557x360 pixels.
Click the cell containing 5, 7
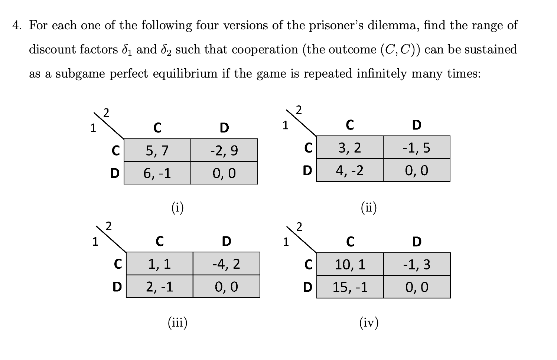[x=157, y=150]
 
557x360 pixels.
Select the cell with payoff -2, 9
[x=224, y=150]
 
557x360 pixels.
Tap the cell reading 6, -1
[x=157, y=173]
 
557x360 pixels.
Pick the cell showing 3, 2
[x=349, y=148]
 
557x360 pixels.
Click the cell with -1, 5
[x=416, y=148]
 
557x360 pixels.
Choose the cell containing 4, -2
[x=349, y=170]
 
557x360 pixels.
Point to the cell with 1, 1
[x=159, y=264]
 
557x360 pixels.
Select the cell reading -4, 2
[x=226, y=264]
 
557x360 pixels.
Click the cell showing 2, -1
[x=159, y=287]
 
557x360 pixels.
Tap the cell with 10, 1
[x=350, y=265]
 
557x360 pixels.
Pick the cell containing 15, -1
[x=350, y=287]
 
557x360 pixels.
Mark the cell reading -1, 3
[x=417, y=265]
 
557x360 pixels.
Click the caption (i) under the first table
[x=177, y=208]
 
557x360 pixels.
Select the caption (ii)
[x=369, y=208]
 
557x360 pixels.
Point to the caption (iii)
[x=177, y=323]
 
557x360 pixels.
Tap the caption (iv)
[x=369, y=323]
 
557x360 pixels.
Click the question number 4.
[x=16, y=26]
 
